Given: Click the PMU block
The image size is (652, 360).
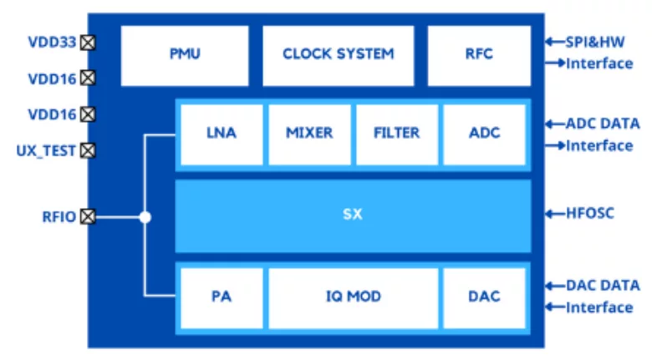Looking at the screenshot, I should click(x=185, y=55).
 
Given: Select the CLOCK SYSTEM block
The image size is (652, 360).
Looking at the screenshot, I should click(x=338, y=55).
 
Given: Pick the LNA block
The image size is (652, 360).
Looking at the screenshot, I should click(x=222, y=133).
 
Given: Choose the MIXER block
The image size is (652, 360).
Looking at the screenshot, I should click(x=309, y=133).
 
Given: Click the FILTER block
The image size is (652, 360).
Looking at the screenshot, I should click(x=396, y=133).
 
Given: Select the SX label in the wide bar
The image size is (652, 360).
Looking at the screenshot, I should click(x=352, y=215).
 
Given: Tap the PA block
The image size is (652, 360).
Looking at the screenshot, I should click(x=222, y=297).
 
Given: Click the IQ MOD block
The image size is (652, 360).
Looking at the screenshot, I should click(x=352, y=297).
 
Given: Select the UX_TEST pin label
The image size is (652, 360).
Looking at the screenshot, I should click(x=46, y=151).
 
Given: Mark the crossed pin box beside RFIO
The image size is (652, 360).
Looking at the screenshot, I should click(x=88, y=217).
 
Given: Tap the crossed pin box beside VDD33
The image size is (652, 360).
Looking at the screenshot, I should click(x=88, y=42).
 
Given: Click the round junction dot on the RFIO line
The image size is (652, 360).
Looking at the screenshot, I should click(x=145, y=217).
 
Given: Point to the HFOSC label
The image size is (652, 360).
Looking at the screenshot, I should click(x=590, y=213).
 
